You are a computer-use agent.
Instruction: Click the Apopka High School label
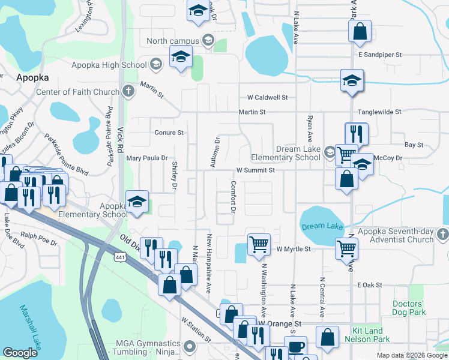[x=109, y=65]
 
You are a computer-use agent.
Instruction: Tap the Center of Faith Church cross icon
[x=127, y=92]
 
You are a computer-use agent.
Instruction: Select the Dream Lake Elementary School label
[x=291, y=153]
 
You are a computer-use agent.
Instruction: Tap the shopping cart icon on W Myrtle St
[x=258, y=244]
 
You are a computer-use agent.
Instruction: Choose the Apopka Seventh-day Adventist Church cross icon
[x=442, y=233]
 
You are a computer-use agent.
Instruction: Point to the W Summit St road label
[x=255, y=170]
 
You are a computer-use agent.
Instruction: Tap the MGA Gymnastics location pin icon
[x=190, y=346]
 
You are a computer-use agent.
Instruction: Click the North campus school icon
[x=208, y=40]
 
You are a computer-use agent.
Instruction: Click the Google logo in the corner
[x=20, y=353]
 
